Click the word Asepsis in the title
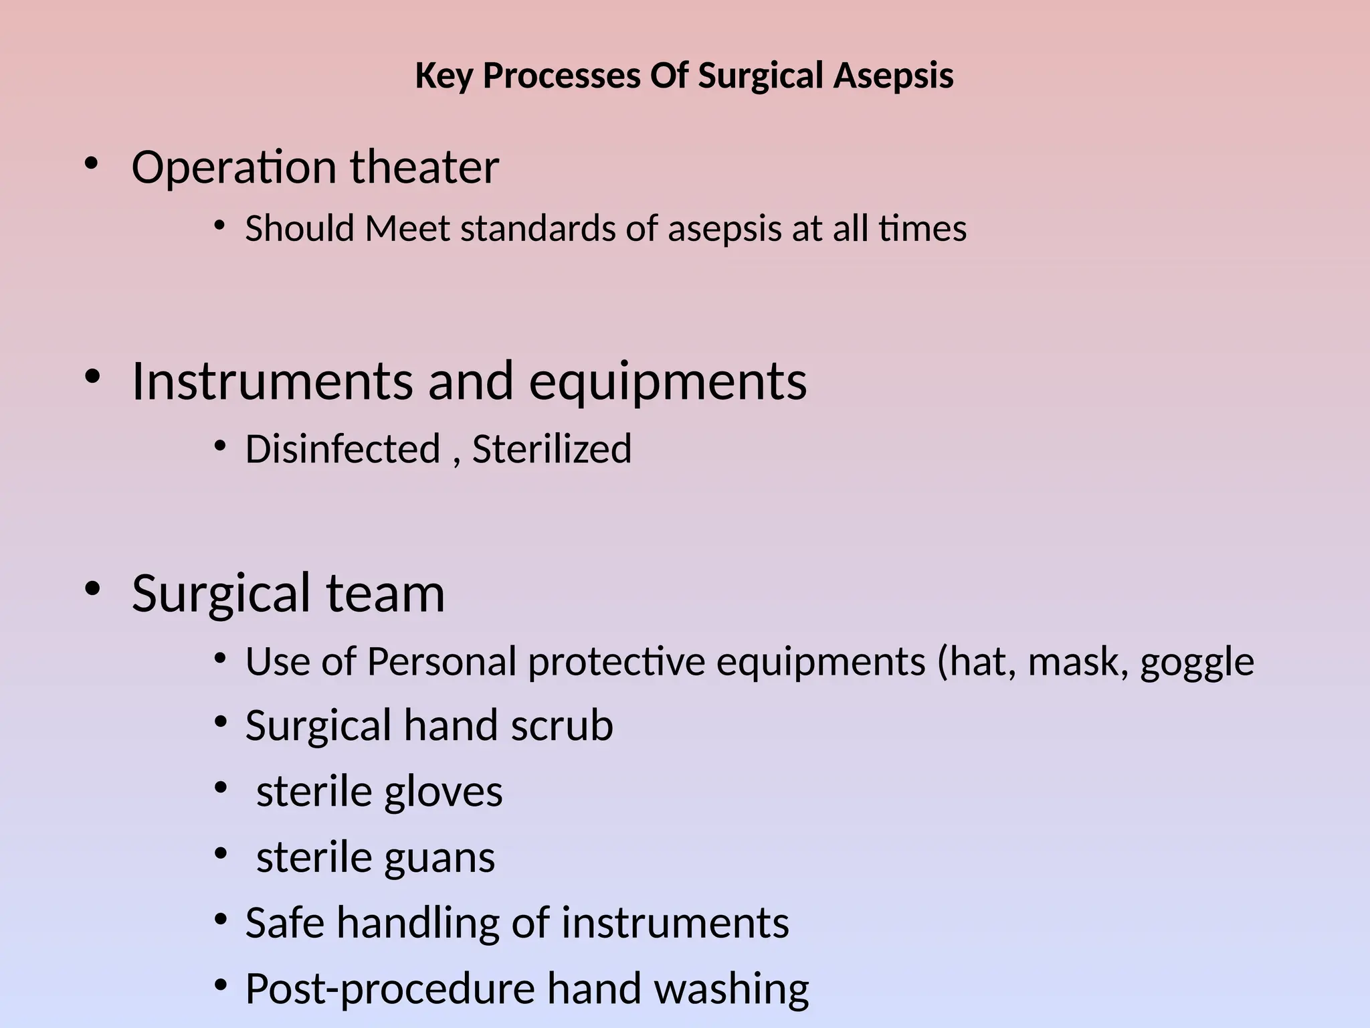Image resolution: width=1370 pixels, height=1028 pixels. [893, 76]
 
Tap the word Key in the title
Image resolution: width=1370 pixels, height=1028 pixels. [443, 76]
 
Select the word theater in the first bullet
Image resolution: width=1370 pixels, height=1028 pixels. [424, 167]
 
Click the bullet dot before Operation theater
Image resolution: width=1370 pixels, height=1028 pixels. [92, 164]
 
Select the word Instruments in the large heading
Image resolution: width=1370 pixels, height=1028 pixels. [272, 381]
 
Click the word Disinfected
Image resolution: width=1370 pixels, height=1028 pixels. [342, 448]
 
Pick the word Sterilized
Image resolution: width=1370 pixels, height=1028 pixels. [551, 448]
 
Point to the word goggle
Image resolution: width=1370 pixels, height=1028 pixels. [1197, 663]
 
